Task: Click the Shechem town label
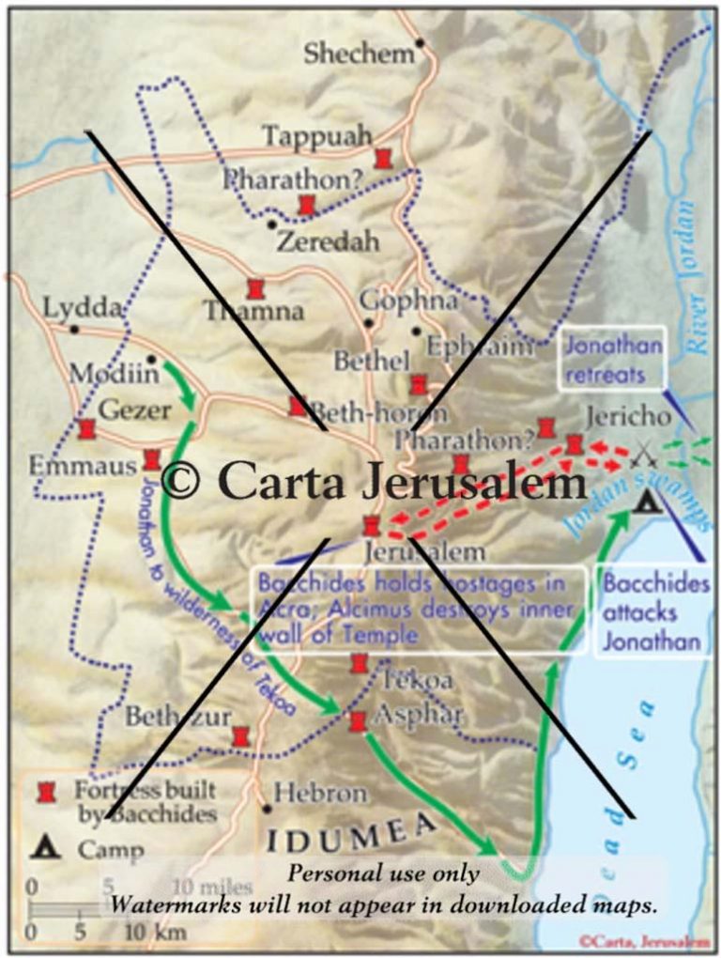pos(358,54)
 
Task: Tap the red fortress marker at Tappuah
pos(382,158)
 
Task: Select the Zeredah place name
pos(329,241)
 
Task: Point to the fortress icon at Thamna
pos(254,288)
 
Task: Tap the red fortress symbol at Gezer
pos(87,429)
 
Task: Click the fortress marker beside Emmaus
pos(151,460)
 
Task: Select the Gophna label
pos(409,301)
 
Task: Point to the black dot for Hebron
pos(268,807)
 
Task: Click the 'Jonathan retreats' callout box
pos(611,360)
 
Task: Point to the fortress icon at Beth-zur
pos(240,735)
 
